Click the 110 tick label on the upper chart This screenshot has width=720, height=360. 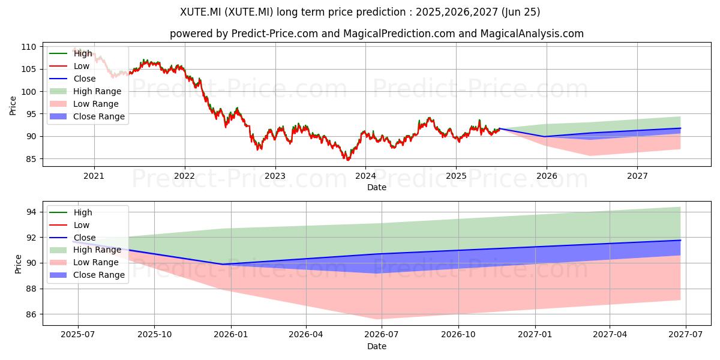pos(29,47)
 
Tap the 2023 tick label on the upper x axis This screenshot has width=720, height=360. pos(275,176)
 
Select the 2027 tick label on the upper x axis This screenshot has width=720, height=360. pos(637,176)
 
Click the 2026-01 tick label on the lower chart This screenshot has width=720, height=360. pos(231,335)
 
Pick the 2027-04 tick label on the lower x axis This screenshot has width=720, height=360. pos(610,335)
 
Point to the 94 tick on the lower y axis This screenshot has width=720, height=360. pos(31,212)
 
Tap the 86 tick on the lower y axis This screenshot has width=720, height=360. pos(31,314)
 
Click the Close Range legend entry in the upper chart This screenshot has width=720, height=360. pos(87,116)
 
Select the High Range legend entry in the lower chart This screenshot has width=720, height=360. pos(85,250)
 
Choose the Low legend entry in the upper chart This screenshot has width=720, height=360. pos(69,66)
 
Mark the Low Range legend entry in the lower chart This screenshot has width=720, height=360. pos(84,262)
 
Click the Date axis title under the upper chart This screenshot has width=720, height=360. pos(377,187)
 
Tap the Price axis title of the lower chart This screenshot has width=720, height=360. pos(18,264)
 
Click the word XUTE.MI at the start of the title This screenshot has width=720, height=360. pos(200,12)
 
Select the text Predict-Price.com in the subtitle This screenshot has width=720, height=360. pos(275,34)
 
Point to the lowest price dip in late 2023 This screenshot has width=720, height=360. pos(348,160)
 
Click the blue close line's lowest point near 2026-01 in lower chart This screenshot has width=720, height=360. pos(223,265)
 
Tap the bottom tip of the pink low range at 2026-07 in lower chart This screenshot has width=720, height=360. pos(377,319)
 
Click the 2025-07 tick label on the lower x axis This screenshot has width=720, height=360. pos(78,335)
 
